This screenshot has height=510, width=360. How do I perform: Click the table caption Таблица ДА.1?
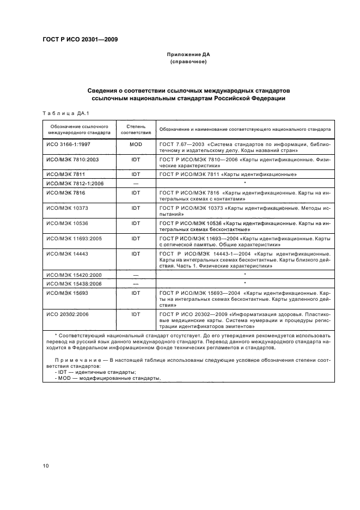[62, 113]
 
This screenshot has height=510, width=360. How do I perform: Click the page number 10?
[46, 466]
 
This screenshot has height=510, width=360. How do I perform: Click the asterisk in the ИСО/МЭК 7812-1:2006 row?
[245, 183]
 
